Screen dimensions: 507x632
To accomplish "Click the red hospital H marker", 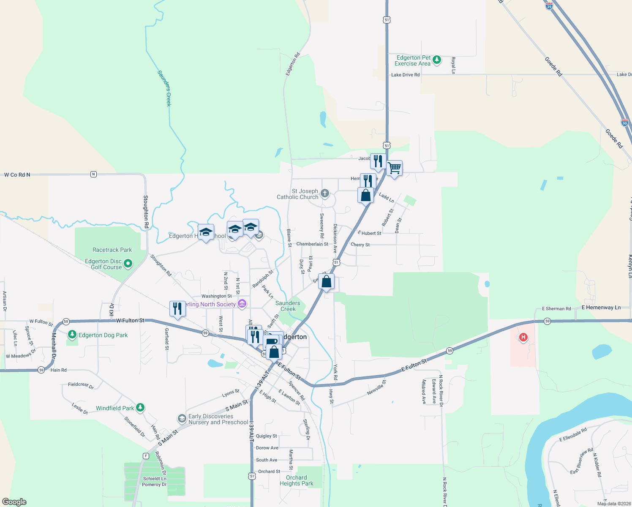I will point(523,337).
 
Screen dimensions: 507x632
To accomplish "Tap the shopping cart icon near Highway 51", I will point(394,168).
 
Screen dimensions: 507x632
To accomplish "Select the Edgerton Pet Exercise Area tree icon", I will point(437,60).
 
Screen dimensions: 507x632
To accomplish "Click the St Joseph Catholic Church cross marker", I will point(324,194).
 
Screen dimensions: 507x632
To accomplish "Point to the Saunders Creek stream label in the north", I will point(164,88).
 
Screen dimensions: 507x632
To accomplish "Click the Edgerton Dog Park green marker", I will point(72,335).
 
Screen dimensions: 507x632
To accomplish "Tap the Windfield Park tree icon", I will point(140,408).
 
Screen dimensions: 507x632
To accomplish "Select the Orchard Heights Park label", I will point(297,480).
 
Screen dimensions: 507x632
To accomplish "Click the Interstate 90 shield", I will point(624,123).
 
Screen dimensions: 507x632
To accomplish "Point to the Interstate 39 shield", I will point(549,6).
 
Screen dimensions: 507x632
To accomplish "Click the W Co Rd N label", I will point(17,174).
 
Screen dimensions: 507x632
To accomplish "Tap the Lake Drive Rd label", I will point(405,75).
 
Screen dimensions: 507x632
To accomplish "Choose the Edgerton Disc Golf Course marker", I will point(128,264).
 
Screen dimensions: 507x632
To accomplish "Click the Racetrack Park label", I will point(112,250).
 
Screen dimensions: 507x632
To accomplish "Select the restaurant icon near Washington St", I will point(177,309).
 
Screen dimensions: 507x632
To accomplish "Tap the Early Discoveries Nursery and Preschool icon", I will point(182,418).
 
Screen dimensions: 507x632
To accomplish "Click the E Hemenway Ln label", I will point(601,308).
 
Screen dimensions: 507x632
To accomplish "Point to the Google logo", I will point(14,502).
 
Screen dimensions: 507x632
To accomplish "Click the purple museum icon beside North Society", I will point(242,303).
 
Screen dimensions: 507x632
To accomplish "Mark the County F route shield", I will point(146,456).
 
